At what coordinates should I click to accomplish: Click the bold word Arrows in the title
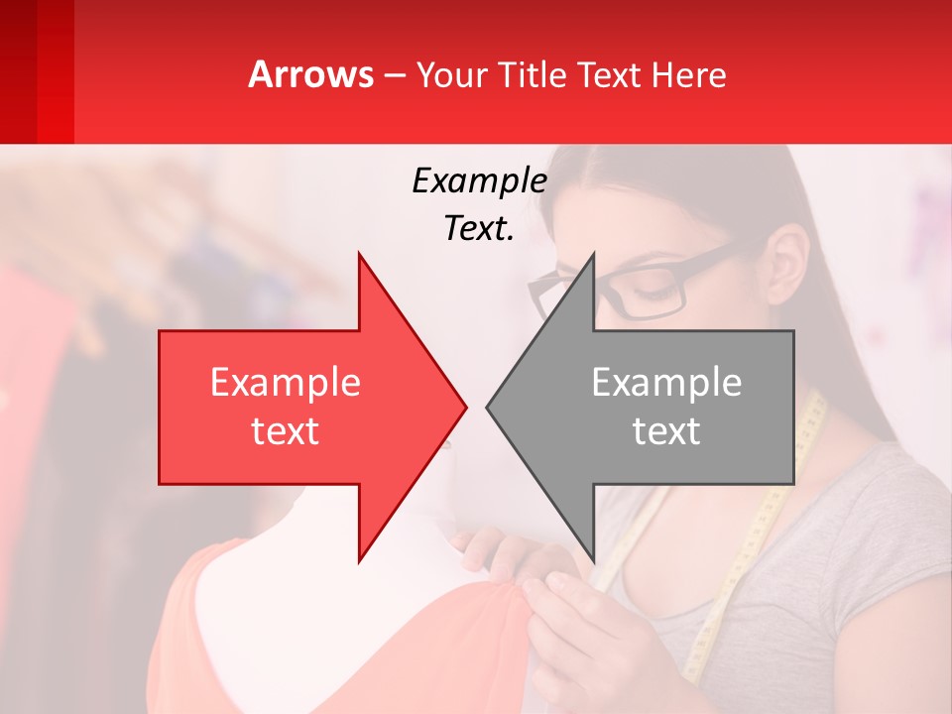[311, 74]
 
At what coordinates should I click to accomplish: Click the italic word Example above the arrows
[479, 180]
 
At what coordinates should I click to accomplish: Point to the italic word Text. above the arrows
[479, 228]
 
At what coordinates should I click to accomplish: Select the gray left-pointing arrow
[654, 407]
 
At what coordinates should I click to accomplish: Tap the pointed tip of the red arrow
[463, 407]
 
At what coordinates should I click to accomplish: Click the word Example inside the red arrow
[286, 383]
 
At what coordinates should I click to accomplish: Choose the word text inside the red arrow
[286, 431]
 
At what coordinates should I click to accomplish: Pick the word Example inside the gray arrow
[666, 383]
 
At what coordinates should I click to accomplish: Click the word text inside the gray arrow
[666, 431]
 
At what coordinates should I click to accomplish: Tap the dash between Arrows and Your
[394, 75]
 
